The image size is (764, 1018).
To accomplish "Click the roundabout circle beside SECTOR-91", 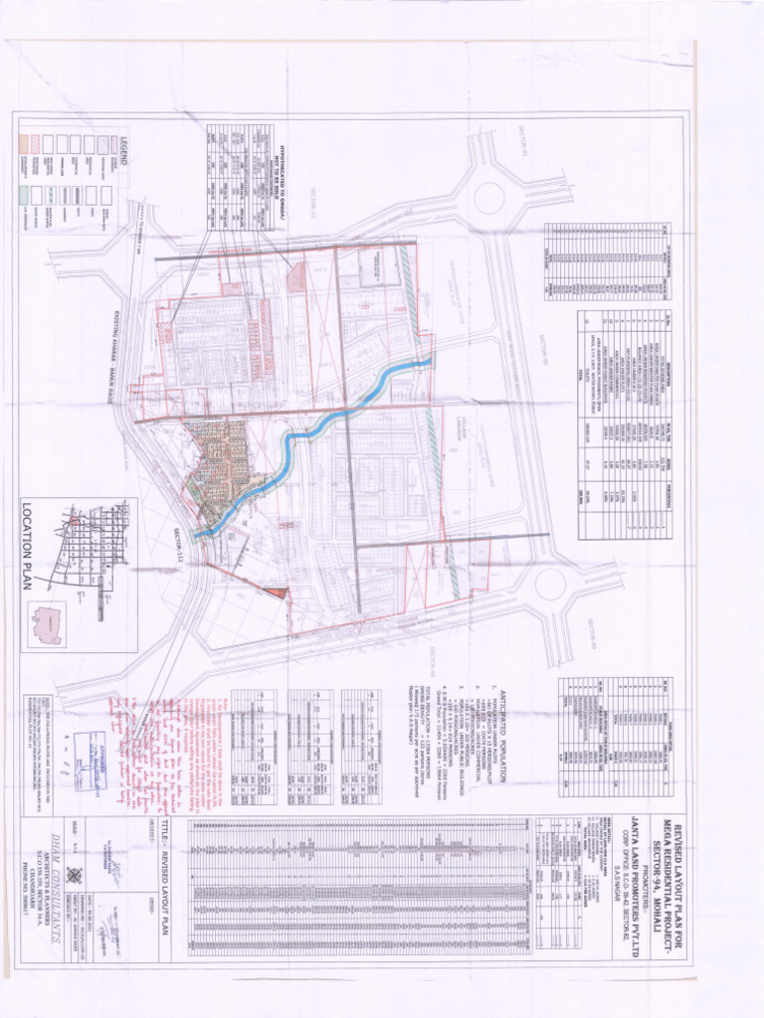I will [488, 197].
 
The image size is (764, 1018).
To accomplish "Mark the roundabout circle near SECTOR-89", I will [549, 584].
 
